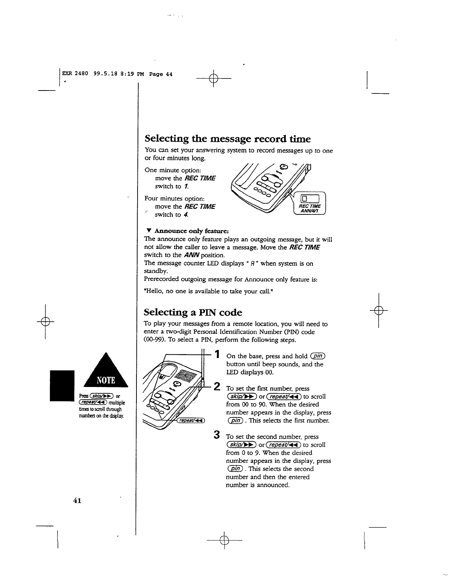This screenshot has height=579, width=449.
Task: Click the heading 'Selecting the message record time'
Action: point(227,139)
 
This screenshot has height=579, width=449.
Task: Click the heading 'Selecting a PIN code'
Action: point(193,312)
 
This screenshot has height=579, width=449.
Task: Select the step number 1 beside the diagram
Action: point(218,354)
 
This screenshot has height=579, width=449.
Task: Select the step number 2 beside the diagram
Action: point(217,386)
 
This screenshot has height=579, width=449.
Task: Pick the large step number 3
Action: point(217,435)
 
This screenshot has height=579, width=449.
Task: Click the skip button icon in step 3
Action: point(241,445)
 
